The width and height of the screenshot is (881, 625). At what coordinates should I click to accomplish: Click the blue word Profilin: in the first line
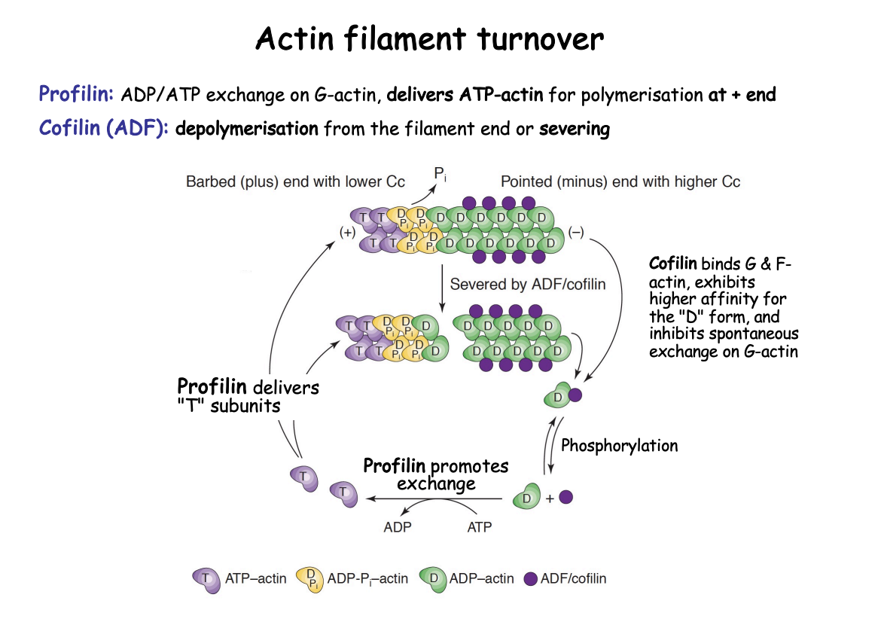[76, 95]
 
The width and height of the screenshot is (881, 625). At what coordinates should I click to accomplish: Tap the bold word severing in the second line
[575, 129]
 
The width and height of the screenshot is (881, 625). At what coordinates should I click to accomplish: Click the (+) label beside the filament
[348, 233]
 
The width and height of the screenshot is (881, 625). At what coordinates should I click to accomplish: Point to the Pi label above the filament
[440, 175]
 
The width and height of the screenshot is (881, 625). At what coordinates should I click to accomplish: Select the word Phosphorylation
[620, 445]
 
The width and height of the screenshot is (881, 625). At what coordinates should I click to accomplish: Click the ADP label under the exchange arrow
[398, 527]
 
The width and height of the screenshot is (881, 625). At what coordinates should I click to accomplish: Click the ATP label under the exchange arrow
[480, 527]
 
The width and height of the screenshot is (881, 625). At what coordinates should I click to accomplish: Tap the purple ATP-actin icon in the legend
[206, 578]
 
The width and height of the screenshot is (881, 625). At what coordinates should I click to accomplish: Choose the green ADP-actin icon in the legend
[431, 578]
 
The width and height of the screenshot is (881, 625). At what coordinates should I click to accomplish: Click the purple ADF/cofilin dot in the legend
[531, 578]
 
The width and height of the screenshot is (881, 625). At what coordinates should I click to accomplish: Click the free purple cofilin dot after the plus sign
[567, 497]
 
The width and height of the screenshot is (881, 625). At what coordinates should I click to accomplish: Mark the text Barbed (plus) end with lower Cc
[295, 182]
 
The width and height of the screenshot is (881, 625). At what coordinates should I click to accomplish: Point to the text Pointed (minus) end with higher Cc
[620, 182]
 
